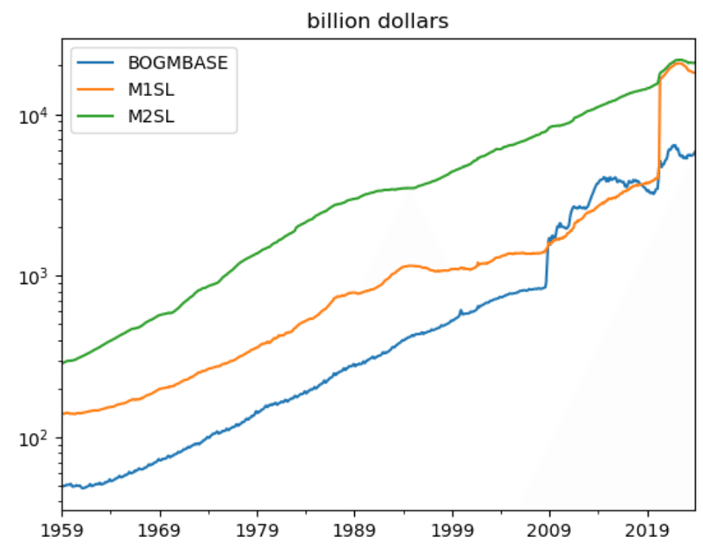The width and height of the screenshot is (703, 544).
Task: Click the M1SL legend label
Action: click(x=153, y=89)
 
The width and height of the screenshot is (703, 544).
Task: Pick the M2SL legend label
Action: click(x=153, y=115)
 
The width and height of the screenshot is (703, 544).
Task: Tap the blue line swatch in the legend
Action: click(x=97, y=62)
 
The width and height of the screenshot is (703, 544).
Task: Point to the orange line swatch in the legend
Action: click(x=97, y=89)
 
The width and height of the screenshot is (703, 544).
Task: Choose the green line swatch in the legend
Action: click(x=97, y=115)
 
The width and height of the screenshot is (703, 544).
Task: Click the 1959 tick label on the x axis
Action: click(x=62, y=530)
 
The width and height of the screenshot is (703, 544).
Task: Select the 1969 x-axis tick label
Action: click(x=159, y=530)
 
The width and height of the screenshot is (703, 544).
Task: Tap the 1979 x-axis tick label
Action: click(x=257, y=530)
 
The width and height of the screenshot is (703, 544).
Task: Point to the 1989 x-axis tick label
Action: click(x=354, y=530)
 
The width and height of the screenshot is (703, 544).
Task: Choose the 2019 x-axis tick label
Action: click(x=648, y=530)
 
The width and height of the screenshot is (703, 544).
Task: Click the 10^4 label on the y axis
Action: click(x=35, y=114)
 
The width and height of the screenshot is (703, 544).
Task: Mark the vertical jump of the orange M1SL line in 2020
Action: click(x=659, y=132)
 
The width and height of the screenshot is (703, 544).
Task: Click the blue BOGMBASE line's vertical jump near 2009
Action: click(x=547, y=264)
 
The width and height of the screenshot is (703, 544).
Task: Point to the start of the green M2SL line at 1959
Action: click(x=62, y=362)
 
